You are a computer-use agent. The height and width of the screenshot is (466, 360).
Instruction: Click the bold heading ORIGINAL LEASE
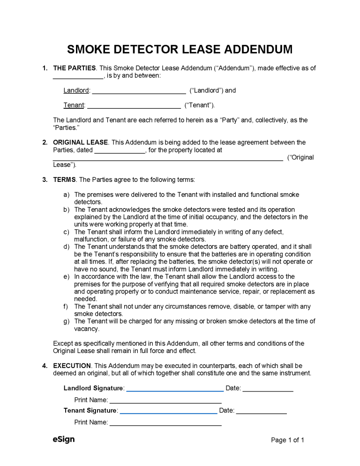(81, 143)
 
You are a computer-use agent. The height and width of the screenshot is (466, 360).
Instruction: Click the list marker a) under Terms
(66, 195)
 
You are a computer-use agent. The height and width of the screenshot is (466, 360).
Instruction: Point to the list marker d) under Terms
(66, 247)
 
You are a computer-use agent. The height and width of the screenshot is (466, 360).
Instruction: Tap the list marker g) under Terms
(66, 321)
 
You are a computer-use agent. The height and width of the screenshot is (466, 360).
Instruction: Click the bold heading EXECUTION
(72, 366)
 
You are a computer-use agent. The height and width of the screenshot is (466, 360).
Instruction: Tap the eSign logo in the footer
(64, 440)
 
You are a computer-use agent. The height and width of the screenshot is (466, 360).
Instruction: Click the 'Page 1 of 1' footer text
(288, 440)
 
